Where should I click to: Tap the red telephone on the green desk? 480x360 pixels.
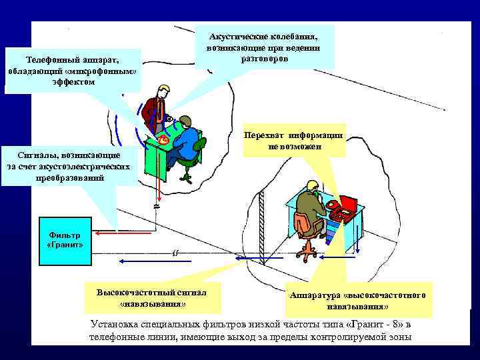[x=163, y=139]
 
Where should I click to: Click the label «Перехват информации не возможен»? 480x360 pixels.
[x=294, y=141]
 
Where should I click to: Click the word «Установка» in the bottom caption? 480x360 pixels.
[x=117, y=325]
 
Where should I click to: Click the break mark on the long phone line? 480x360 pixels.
[x=175, y=253]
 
